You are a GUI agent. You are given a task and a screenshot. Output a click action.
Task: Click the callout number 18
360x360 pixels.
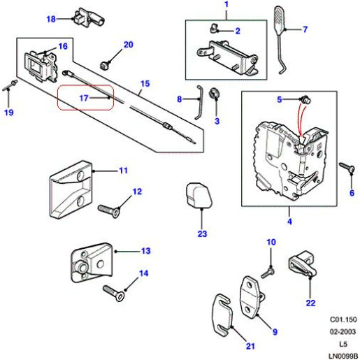pos(50,18)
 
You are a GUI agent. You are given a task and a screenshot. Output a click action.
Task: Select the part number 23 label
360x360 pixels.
pos(202,233)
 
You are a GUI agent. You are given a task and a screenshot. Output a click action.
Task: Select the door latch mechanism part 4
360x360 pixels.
pos(290,157)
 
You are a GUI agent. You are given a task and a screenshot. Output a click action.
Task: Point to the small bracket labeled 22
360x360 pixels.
pos(302,266)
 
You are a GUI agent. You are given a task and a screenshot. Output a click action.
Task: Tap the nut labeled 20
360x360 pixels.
pos(106,64)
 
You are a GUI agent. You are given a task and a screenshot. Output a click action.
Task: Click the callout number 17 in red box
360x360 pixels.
pos(82,99)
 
